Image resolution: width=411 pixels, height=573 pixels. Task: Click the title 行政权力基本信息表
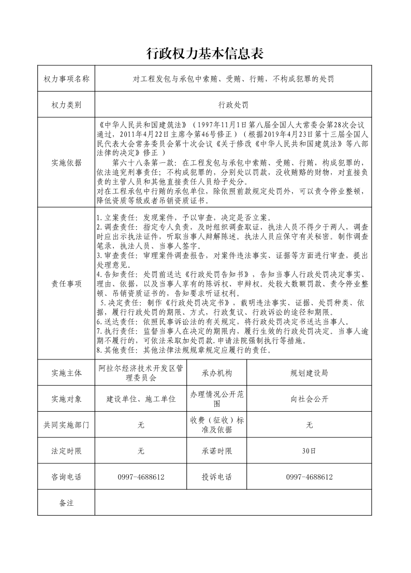click(x=205, y=53)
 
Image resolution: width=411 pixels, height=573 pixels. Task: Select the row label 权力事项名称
click(x=66, y=79)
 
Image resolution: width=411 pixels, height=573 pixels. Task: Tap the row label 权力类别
click(x=66, y=105)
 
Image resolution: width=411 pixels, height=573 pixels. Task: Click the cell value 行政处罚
click(x=233, y=105)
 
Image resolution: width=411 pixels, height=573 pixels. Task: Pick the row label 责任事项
click(x=66, y=283)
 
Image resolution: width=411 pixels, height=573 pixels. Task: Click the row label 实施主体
click(x=66, y=373)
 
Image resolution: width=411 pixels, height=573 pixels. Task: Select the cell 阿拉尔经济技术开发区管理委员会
click(x=141, y=373)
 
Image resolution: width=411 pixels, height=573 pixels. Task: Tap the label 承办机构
click(x=217, y=373)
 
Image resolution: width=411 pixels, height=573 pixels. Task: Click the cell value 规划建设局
click(x=309, y=373)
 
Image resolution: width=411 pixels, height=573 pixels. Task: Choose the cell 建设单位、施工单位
click(x=141, y=399)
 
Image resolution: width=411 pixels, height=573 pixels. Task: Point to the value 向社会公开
click(x=309, y=399)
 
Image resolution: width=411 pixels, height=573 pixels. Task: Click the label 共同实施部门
click(x=66, y=425)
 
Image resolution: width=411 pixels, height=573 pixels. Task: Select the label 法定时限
click(x=66, y=451)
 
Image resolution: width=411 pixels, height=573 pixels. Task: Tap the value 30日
click(x=309, y=451)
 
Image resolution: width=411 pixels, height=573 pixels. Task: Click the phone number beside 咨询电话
click(x=141, y=477)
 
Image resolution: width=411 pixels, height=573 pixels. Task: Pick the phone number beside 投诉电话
click(x=309, y=477)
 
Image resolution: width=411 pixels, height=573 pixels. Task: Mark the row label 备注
click(x=66, y=503)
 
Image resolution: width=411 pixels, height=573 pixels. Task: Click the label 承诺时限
click(x=217, y=451)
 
